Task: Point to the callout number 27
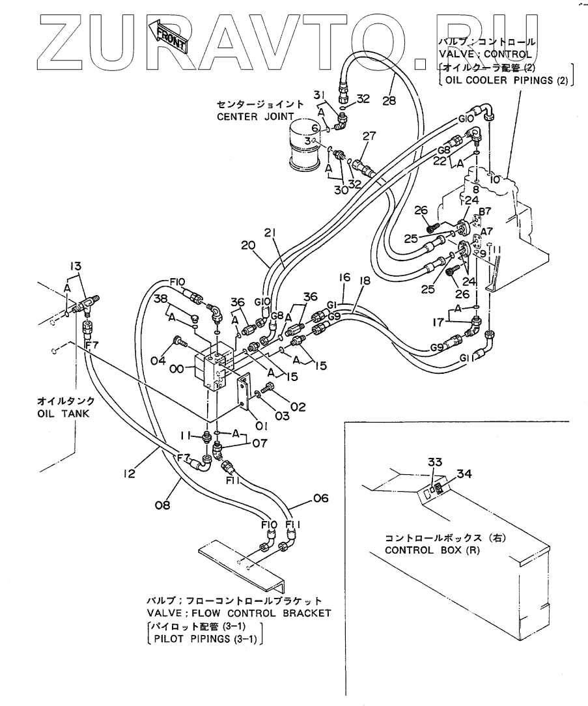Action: coord(369,136)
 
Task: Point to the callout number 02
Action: coord(298,406)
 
